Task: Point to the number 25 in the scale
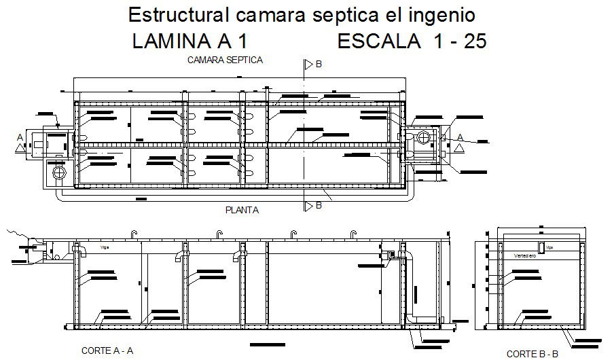(x=473, y=42)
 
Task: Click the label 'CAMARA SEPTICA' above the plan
(x=225, y=60)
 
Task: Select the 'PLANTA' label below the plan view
(x=242, y=211)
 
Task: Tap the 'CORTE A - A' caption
(x=107, y=350)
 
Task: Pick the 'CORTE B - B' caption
(x=532, y=353)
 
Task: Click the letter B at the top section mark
(x=319, y=65)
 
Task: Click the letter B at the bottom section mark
(x=318, y=206)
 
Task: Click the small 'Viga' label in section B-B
(x=550, y=248)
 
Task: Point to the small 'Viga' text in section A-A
(x=104, y=249)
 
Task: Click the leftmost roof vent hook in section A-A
(x=134, y=234)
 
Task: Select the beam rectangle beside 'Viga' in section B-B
(x=541, y=247)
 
